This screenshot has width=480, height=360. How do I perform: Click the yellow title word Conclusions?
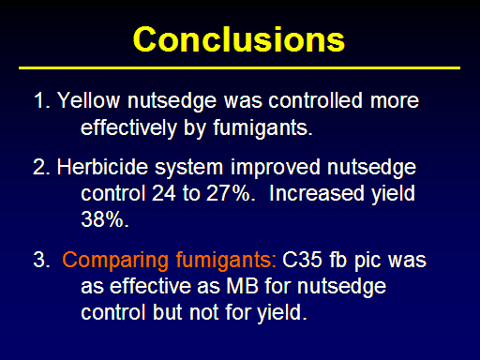[239, 39]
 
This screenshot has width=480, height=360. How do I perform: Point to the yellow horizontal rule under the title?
[239, 67]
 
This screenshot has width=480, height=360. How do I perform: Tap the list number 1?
[41, 100]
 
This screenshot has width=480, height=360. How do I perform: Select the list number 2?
[41, 167]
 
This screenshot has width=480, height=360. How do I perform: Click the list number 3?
[41, 260]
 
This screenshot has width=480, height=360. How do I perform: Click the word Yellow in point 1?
[88, 100]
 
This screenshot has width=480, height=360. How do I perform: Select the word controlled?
[315, 100]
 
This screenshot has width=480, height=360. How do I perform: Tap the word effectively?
[128, 128]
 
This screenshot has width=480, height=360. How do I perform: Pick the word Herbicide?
[102, 167]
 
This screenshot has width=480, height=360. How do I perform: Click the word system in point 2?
[188, 169]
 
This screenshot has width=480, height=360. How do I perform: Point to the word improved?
[276, 169]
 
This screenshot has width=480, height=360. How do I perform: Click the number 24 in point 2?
[164, 193]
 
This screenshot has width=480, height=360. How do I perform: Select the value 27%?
[231, 193]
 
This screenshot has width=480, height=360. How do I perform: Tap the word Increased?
[317, 193]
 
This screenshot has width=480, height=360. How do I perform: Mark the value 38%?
[104, 219]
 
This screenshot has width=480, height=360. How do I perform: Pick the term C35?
[302, 260]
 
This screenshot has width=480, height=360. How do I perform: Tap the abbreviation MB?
[243, 286]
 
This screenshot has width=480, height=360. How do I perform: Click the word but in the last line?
[168, 312]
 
